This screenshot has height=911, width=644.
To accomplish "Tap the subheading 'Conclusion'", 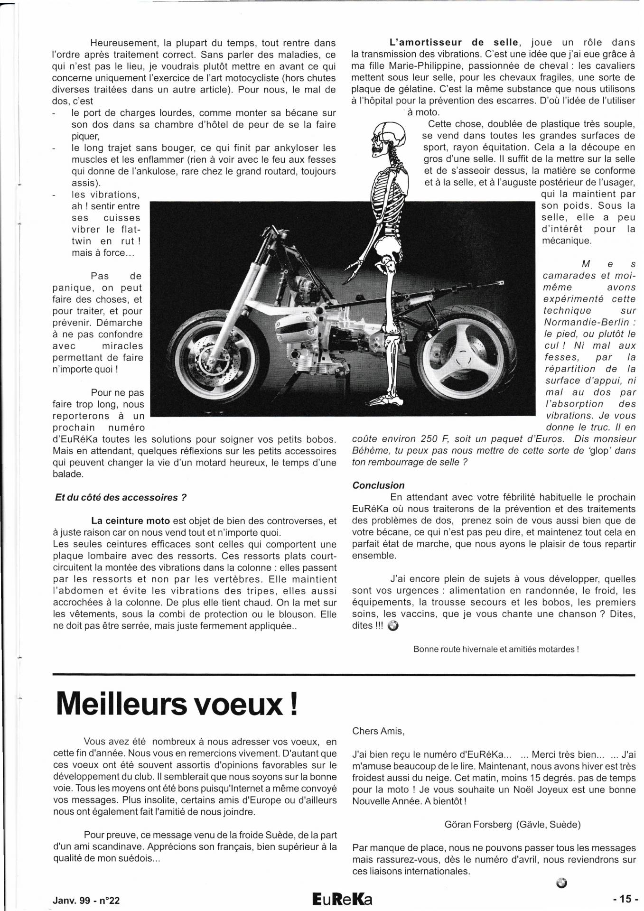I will [x=378, y=485].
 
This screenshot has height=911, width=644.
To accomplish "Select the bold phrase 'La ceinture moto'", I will [x=131, y=521].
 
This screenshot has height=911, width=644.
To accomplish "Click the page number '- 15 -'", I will [x=622, y=899].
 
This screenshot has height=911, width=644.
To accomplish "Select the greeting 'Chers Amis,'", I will [x=378, y=731].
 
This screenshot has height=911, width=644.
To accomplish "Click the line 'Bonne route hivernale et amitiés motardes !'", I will [x=496, y=649].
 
